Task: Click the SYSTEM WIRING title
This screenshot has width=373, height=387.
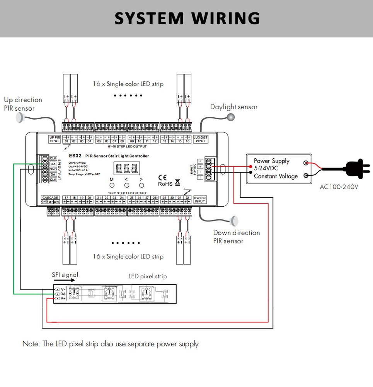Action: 187,19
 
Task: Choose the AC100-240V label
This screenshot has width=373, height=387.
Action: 339,187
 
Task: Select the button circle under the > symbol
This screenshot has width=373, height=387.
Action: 141,185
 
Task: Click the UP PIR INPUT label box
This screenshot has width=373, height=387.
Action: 55,139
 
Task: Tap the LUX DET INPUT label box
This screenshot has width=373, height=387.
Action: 200,139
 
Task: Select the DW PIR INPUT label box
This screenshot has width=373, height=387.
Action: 200,200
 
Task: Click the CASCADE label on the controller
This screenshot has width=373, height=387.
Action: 50,197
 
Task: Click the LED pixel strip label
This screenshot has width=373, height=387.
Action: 147,276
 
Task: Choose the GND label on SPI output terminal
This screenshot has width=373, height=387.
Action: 53,169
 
